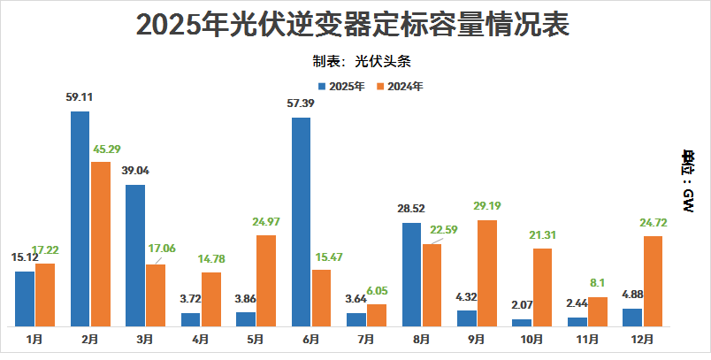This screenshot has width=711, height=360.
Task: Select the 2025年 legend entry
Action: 342,86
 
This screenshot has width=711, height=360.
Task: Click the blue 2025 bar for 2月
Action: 80,218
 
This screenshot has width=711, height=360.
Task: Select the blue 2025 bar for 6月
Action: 301,221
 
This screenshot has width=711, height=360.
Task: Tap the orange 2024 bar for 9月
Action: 487,272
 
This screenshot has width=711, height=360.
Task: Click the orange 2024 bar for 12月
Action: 654,280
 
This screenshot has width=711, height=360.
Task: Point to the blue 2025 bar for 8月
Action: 411,274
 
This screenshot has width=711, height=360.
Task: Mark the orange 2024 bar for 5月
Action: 266,280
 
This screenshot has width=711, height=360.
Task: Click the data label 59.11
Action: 80,98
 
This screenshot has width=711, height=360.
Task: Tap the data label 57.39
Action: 301,104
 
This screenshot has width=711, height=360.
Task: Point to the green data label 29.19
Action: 487,206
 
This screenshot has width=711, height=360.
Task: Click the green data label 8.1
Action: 597,283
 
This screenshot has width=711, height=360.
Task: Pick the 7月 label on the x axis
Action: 366,339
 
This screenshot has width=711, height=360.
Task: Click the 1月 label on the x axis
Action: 34,339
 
